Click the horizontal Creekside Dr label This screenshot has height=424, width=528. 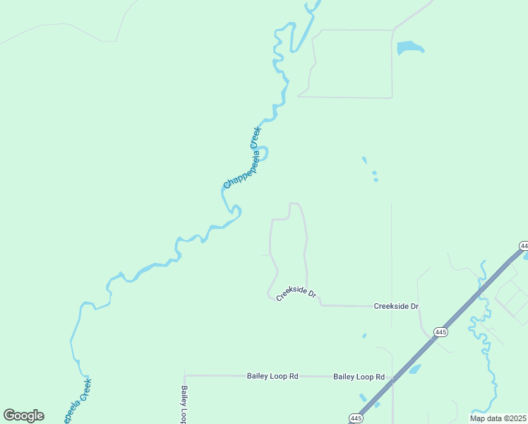point(396,306)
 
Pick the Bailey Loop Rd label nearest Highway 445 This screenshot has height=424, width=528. point(359,377)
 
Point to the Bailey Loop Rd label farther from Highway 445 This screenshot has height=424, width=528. point(272,377)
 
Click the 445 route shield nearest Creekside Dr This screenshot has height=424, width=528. point(441,331)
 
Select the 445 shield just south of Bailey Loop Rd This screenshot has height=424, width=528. point(356,418)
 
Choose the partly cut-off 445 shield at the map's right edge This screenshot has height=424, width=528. point(523,245)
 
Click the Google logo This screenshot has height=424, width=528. point(23,416)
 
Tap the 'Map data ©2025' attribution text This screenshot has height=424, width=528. point(498,418)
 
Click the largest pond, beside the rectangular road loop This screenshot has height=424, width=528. point(409,48)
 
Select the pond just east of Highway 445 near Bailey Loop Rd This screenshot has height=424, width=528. point(414,369)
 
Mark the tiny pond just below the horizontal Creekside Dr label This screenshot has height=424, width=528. point(364,336)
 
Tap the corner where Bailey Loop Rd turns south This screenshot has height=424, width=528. point(185,376)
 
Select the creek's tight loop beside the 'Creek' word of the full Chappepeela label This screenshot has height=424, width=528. point(263,153)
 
